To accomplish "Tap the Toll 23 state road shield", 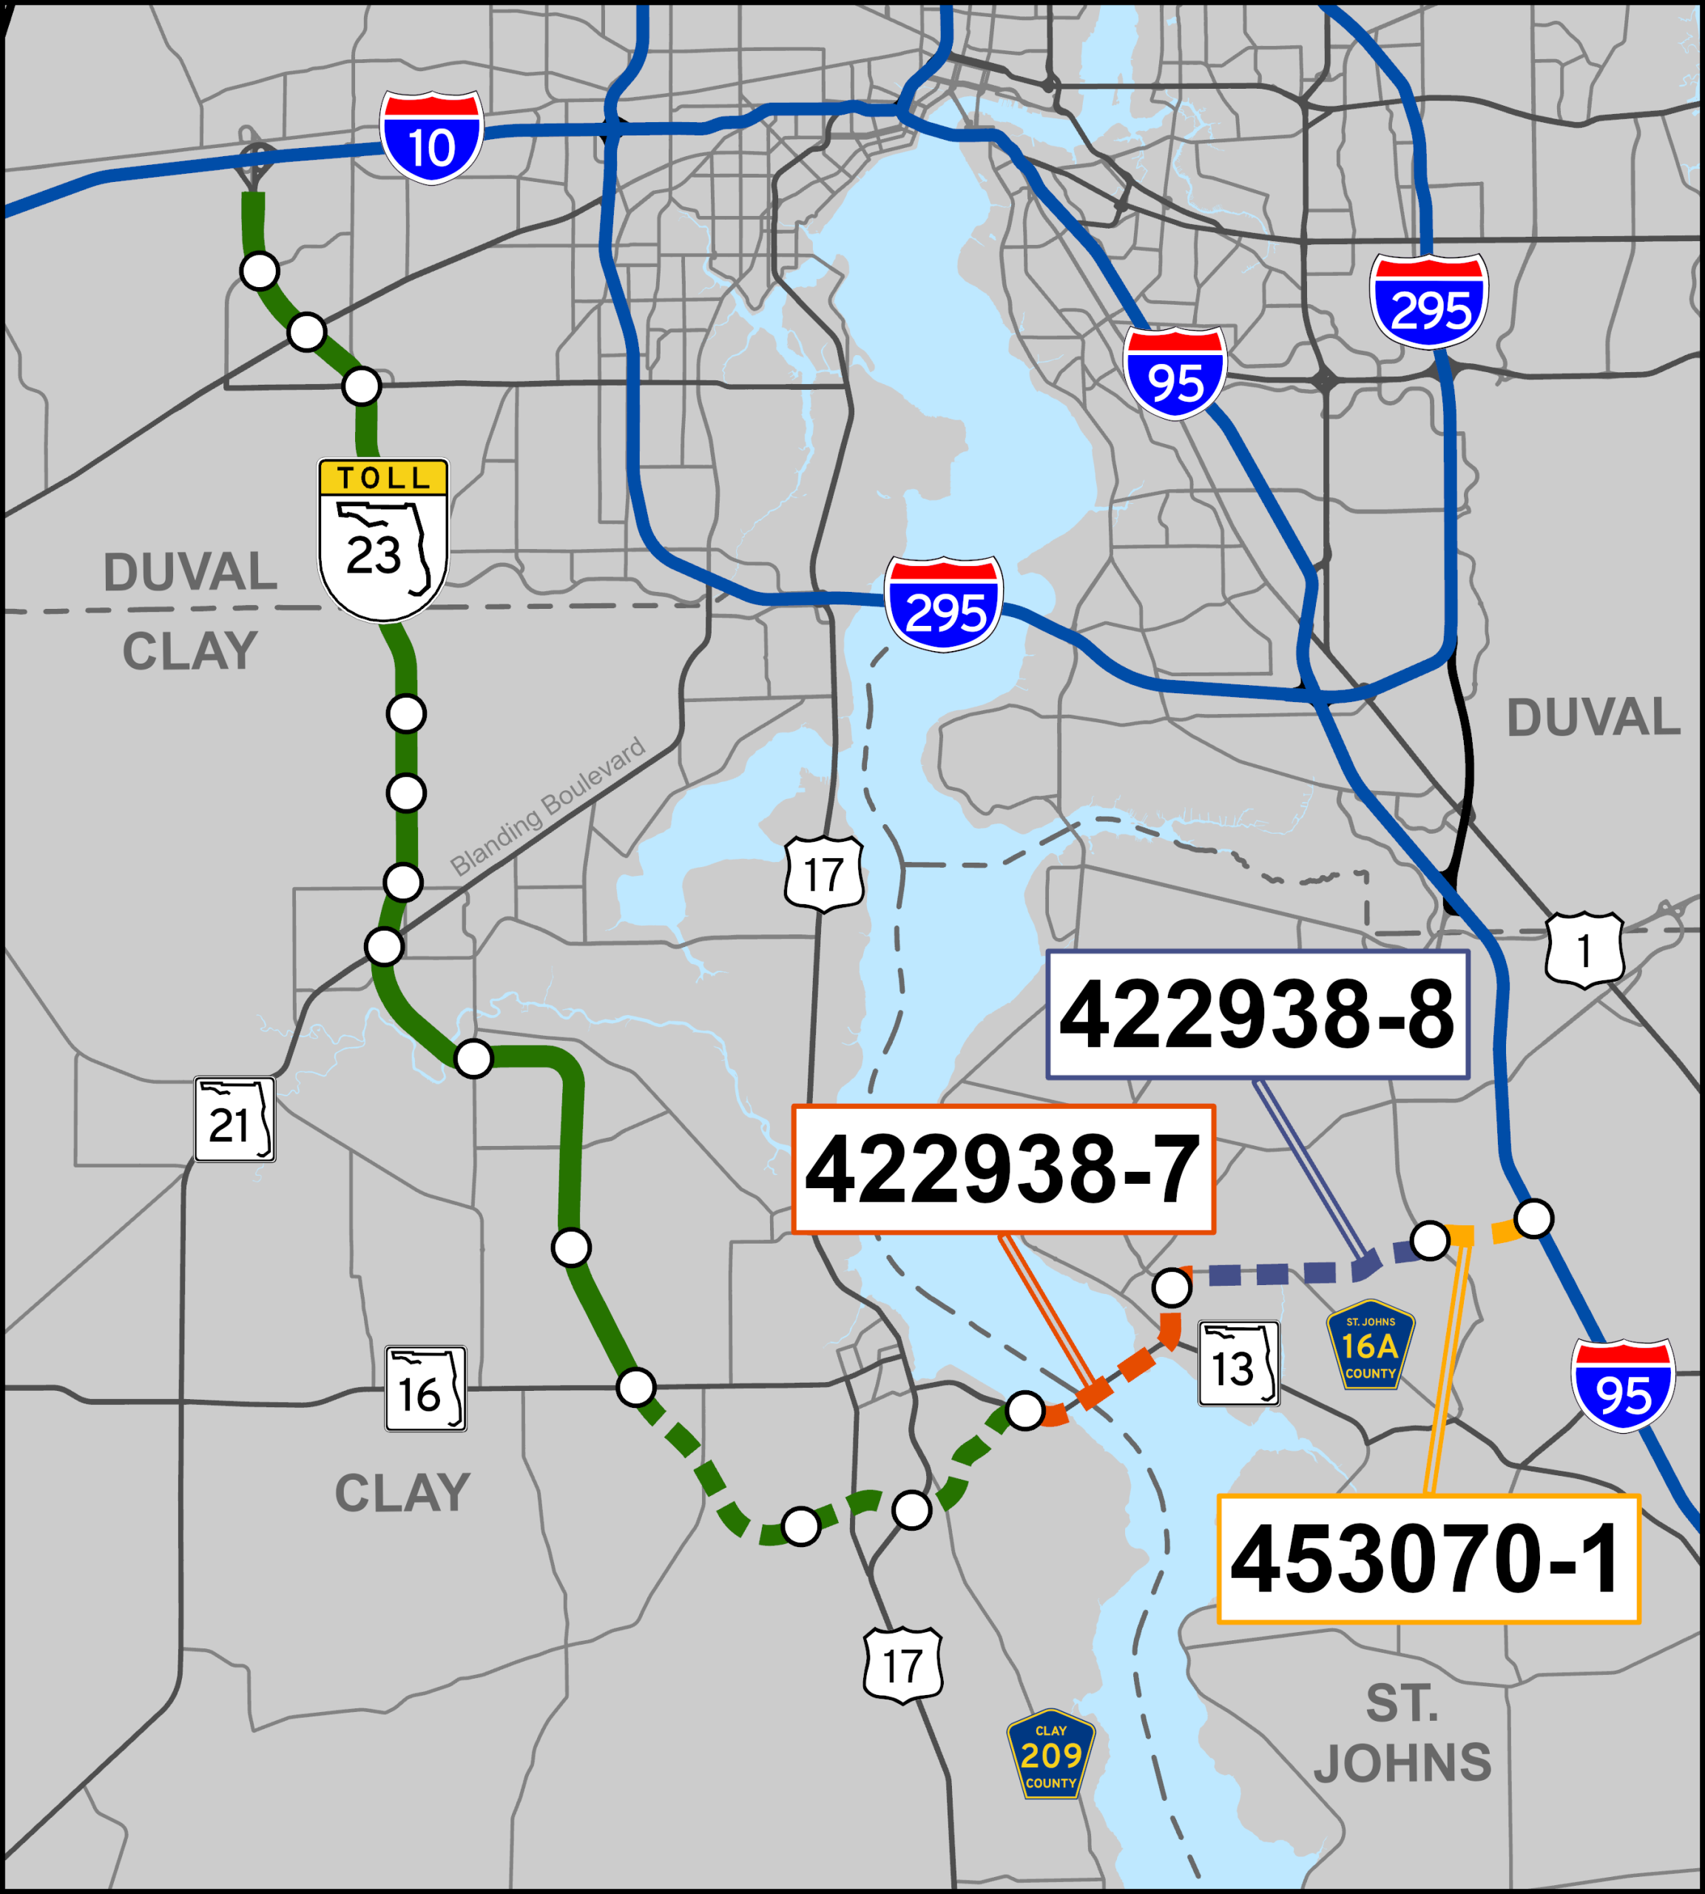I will point(383,541).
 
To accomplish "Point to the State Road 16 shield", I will point(425,1389).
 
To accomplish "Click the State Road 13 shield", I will point(1238,1364).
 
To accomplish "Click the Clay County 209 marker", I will point(1050,1753).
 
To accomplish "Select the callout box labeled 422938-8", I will point(1257,1015).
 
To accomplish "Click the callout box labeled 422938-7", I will point(1003,1169).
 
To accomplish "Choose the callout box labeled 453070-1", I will point(1428,1559).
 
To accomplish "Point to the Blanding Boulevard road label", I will point(548,807).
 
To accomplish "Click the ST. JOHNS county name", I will point(1402,1733).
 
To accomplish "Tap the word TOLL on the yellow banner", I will point(383,478).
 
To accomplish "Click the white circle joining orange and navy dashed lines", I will point(1172,1287).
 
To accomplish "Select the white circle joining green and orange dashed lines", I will point(1025,1409).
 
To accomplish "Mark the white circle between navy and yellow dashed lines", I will point(1430,1240).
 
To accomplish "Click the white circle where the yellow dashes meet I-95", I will point(1533,1219).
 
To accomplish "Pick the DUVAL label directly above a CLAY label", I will point(190,572).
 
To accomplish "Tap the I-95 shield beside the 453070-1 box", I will point(1623,1385).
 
